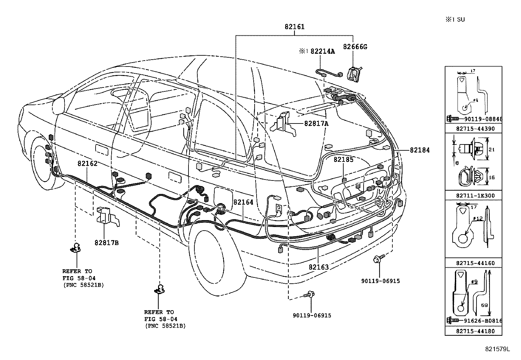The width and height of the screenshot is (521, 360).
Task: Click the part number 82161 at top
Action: coord(294,27)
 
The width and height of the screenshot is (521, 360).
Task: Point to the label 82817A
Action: coord(316,123)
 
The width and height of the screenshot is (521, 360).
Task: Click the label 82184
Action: coord(420,150)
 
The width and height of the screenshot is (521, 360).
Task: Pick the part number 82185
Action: coord(343,160)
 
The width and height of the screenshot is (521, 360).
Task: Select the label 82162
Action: coord(87,163)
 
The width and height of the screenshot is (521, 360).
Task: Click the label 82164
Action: coord(243,202)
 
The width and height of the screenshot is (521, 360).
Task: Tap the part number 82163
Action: coord(318,267)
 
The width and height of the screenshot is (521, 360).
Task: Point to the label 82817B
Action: coord(106,243)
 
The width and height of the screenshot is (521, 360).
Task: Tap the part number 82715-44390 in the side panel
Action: coord(473,129)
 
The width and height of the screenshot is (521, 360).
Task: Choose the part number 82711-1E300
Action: coord(473,196)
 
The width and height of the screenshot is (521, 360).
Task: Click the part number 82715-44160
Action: coord(473,263)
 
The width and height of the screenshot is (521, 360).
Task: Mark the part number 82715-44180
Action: coord(473,331)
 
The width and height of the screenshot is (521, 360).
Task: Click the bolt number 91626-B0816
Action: coord(483,321)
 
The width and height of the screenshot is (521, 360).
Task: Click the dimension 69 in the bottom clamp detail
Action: coord(484,305)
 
